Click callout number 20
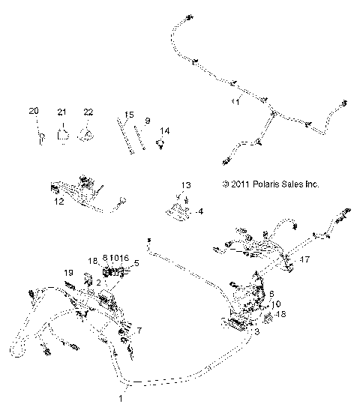(x=33, y=112)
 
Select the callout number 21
(x=62, y=112)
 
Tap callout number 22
(x=88, y=112)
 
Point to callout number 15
(x=129, y=115)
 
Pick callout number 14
(x=165, y=131)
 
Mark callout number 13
(x=186, y=185)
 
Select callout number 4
(x=199, y=212)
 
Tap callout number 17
(x=304, y=259)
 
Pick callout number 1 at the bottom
(x=120, y=400)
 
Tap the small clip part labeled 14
(x=160, y=144)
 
